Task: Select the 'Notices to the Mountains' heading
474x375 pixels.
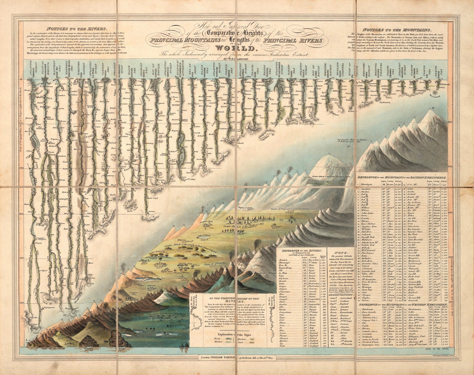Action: [397, 30]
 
